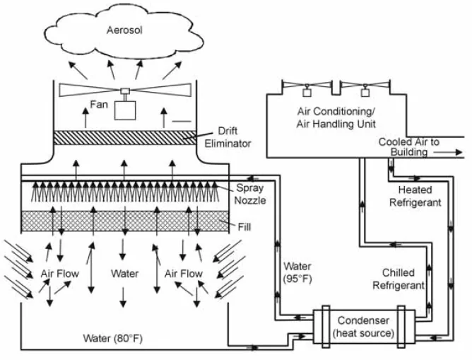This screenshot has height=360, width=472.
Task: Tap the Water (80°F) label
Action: click(113, 339)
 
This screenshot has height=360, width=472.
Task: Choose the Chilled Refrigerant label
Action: click(403, 279)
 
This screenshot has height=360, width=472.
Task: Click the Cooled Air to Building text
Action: click(408, 147)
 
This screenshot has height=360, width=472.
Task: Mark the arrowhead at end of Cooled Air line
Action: click(460, 151)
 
